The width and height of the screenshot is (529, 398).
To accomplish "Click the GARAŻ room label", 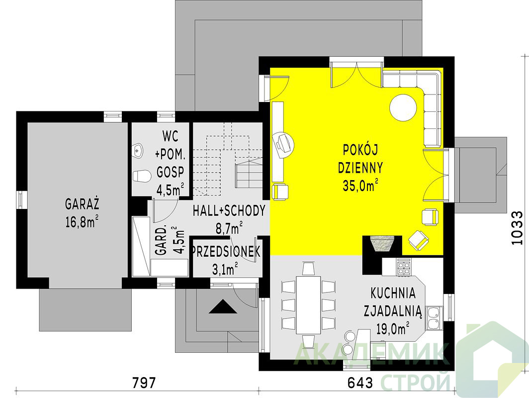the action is (x=82, y=204).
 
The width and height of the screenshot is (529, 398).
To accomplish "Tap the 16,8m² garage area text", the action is (x=82, y=222).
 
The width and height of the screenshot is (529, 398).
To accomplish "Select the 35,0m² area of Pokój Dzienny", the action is (x=360, y=186).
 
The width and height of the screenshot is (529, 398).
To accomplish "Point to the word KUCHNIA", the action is (x=393, y=294).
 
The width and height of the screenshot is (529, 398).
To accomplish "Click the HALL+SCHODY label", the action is (x=229, y=210).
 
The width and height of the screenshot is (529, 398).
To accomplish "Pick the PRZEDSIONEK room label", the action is (x=225, y=252).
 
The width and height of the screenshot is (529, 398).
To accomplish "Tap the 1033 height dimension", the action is (x=516, y=228).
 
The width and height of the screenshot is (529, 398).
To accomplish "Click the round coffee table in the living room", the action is (x=403, y=107).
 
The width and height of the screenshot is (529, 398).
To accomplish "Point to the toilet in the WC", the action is (x=142, y=176).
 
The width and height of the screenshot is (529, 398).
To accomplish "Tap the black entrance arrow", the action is (x=223, y=306).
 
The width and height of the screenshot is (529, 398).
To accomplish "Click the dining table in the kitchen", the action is (x=308, y=305).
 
